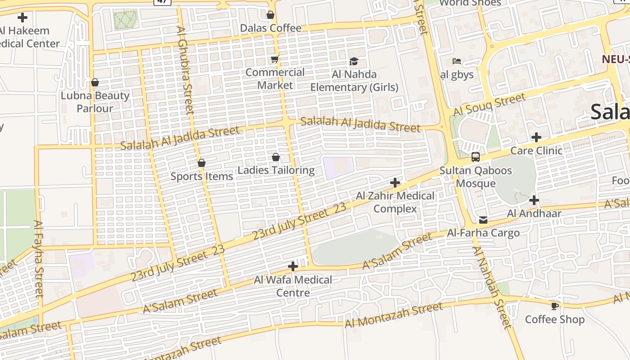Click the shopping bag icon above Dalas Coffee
270,15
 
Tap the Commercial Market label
275,79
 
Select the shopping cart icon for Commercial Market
274,59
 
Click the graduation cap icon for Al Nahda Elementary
354,61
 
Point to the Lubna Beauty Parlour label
95,102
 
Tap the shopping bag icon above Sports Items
202,163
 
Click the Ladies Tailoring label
276,170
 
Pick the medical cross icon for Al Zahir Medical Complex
395,183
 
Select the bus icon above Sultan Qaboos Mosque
476,157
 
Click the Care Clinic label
535,150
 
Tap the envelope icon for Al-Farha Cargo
483,220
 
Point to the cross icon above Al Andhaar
534,200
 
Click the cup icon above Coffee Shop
555,306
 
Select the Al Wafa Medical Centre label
293,286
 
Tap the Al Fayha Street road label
39,258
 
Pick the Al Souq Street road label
489,105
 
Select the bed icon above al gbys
457,61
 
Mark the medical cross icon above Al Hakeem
22,18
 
